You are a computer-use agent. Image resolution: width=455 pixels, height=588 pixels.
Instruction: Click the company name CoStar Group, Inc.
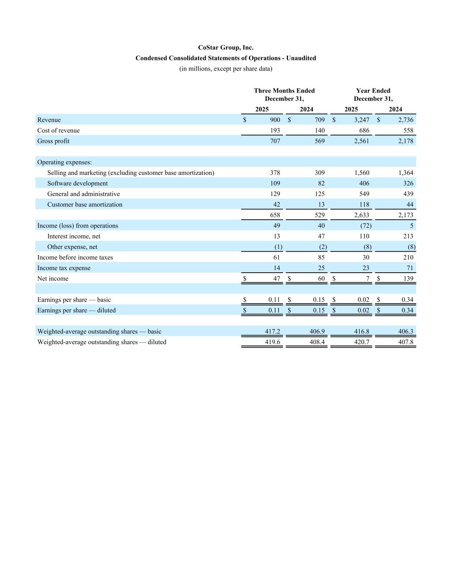pos(226,48)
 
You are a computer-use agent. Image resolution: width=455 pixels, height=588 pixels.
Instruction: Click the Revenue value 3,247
pos(362,120)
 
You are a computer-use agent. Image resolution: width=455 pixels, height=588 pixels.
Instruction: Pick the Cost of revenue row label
pos(58,131)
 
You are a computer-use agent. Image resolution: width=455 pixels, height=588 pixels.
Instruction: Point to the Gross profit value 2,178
pos(405,141)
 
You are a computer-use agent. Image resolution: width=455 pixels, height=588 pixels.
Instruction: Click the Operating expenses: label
pos(64,162)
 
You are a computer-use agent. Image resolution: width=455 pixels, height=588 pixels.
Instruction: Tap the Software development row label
pos(78,184)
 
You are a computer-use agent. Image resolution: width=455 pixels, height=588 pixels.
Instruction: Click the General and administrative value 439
pos(408,194)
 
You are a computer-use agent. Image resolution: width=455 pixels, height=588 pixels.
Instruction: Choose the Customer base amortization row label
pos(85,205)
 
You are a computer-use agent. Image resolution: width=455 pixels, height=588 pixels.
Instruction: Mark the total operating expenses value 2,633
pos(362,215)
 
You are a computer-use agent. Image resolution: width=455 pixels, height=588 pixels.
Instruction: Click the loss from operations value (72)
pos(365,226)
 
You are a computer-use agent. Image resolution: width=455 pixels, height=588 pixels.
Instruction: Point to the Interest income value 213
pos(408,236)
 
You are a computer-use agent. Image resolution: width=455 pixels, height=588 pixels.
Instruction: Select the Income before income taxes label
pos(75,258)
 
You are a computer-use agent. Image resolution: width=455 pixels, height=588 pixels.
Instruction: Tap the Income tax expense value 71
pos(410,268)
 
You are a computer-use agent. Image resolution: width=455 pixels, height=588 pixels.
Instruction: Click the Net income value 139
pos(408,279)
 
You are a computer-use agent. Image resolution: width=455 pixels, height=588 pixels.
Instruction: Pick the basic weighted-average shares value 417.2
pos(272,332)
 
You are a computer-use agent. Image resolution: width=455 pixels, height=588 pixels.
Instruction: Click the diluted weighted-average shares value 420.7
pos(361,342)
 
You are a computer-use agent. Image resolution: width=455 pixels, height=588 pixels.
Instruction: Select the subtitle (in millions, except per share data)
pos(226,69)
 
